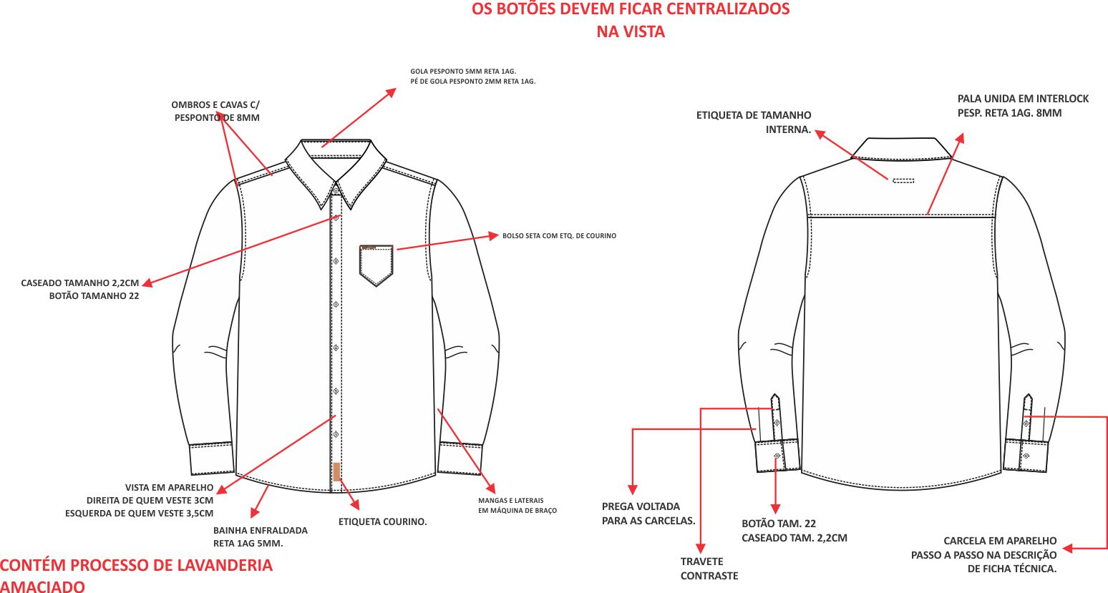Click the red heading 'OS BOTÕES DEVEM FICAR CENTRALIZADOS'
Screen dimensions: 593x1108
[631, 9]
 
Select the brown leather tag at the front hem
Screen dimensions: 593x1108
[336, 471]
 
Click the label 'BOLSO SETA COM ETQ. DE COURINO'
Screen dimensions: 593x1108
[559, 235]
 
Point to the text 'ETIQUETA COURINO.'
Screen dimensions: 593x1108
[382, 521]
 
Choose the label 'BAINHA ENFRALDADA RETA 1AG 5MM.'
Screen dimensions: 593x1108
[260, 536]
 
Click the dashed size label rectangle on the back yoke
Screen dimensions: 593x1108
[903, 180]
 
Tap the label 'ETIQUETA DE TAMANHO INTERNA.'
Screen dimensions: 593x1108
[754, 122]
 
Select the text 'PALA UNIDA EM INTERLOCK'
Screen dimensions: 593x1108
[1023, 99]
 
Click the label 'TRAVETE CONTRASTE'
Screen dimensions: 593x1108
[709, 569]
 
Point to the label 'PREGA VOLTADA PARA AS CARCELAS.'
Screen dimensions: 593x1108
[648, 514]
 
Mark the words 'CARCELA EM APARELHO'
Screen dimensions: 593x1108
[1000, 541]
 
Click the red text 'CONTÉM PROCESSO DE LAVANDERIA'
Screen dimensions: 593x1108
[136, 565]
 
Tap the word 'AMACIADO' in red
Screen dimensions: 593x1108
[42, 587]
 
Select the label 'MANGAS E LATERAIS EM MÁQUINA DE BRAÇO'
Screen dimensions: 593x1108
[517, 505]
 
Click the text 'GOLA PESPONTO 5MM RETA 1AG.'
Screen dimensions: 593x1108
[463, 72]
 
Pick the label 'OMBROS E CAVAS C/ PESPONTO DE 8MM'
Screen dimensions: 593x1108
[215, 111]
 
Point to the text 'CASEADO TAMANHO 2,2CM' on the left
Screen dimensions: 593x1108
[80, 283]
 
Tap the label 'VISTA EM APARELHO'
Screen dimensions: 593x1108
[169, 487]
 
